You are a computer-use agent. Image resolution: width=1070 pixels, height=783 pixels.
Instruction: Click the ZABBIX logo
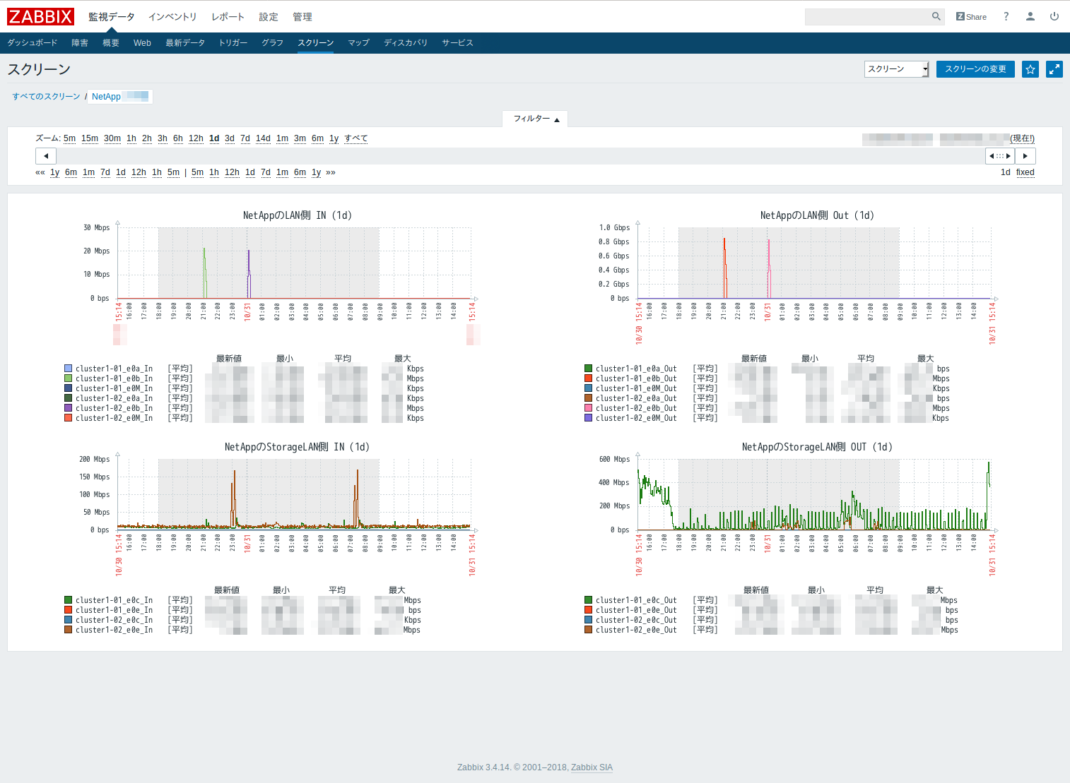(40, 16)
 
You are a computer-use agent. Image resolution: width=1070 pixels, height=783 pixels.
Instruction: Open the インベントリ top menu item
(172, 17)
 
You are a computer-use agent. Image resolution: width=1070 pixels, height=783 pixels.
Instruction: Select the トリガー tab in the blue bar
(233, 43)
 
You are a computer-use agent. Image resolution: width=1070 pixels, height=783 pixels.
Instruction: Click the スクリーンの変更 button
(975, 69)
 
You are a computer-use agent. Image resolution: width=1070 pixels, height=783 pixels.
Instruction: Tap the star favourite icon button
(1030, 69)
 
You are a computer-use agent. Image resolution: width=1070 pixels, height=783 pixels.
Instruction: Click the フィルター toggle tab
(535, 119)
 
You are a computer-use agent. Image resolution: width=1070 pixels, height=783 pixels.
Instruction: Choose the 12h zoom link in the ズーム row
(196, 138)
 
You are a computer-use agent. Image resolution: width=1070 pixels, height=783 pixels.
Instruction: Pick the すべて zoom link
(355, 138)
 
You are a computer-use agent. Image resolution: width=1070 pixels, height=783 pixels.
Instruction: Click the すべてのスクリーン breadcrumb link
(46, 97)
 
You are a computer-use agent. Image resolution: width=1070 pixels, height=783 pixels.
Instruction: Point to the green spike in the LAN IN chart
(204, 268)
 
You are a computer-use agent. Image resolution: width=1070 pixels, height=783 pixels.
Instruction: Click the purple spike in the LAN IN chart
(249, 272)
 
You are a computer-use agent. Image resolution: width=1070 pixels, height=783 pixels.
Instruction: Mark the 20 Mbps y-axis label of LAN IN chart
(97, 251)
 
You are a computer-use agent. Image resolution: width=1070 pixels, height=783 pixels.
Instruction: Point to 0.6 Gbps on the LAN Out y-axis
(613, 256)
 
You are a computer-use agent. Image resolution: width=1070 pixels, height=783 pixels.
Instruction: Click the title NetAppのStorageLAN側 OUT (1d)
(816, 447)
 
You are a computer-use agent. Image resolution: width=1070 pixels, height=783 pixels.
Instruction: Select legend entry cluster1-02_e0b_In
(114, 408)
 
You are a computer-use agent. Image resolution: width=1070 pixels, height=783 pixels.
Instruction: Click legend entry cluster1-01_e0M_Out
(635, 388)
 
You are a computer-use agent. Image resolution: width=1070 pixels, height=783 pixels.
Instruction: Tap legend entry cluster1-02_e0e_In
(114, 630)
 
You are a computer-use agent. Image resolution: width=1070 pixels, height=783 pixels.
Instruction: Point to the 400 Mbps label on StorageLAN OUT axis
(613, 483)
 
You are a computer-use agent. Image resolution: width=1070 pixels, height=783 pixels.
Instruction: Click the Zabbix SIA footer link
(592, 767)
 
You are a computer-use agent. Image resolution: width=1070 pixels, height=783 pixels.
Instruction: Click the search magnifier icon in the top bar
(936, 16)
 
